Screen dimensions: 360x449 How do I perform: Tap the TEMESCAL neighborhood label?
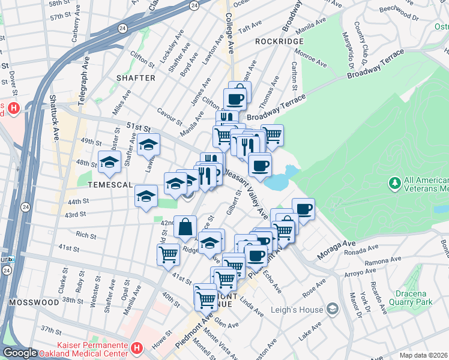point(108,185)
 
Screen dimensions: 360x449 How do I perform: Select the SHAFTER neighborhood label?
point(136,78)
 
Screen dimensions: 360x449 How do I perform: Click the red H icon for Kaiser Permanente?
point(137,347)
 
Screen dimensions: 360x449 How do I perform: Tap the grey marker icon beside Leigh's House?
point(332,310)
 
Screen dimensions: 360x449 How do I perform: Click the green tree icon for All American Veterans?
point(394,181)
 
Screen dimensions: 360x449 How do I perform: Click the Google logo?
point(20,353)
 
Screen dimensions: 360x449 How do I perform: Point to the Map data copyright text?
point(423,355)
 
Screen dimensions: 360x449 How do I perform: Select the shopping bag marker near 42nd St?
point(185,227)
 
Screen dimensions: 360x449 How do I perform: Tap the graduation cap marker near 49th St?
point(148,145)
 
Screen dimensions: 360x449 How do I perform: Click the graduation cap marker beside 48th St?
point(109,161)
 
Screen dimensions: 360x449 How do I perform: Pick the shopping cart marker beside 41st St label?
point(168,254)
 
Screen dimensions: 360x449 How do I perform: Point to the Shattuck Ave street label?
point(53,118)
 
